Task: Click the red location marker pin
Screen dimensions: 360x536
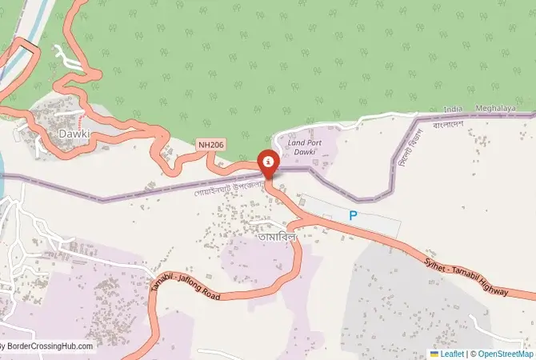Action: tap(269, 162)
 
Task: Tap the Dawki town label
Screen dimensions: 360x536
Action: tap(73, 134)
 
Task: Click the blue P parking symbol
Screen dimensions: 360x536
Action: tap(352, 215)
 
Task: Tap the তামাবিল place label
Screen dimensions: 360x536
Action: tap(277, 237)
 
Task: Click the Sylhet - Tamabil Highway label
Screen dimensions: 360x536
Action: tap(467, 275)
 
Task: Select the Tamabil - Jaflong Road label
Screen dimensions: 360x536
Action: tap(185, 285)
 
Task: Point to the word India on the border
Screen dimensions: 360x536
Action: tap(453, 109)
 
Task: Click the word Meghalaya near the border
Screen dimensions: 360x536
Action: tap(490, 108)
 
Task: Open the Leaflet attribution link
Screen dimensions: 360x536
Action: tap(452, 353)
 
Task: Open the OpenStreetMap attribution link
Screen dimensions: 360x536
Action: tap(506, 353)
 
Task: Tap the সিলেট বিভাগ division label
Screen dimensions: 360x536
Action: tap(406, 150)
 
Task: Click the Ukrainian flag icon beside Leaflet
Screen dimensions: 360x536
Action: tap(434, 353)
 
